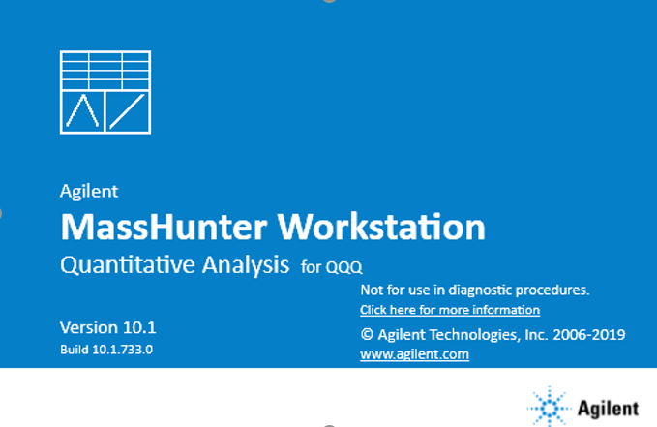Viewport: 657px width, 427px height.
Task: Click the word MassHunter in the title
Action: coord(164,227)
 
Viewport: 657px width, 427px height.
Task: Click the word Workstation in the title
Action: coord(381,227)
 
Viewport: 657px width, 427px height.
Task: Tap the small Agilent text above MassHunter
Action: coord(89,192)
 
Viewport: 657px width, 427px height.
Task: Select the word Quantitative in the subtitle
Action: coord(128,265)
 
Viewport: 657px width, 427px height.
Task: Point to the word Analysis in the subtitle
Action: coord(246,265)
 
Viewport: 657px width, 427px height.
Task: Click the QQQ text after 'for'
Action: coord(343,267)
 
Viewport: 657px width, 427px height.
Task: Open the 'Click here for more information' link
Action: coord(450,310)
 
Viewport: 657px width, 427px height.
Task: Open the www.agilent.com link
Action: coord(414,354)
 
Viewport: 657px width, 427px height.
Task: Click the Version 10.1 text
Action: coord(108,327)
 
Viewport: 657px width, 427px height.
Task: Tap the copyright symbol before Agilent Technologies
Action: coord(367,334)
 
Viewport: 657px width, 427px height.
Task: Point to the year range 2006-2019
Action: coord(588,335)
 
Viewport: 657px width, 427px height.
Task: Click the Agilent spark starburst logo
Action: coord(549,408)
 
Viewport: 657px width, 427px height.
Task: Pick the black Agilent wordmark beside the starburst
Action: coord(608,409)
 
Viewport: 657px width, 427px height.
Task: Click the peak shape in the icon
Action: coord(83,111)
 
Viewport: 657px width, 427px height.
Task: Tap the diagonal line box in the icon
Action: coord(128,111)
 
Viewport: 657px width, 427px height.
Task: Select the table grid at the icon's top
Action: coord(105,71)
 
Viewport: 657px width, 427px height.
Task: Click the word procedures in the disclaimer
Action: coord(552,290)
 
